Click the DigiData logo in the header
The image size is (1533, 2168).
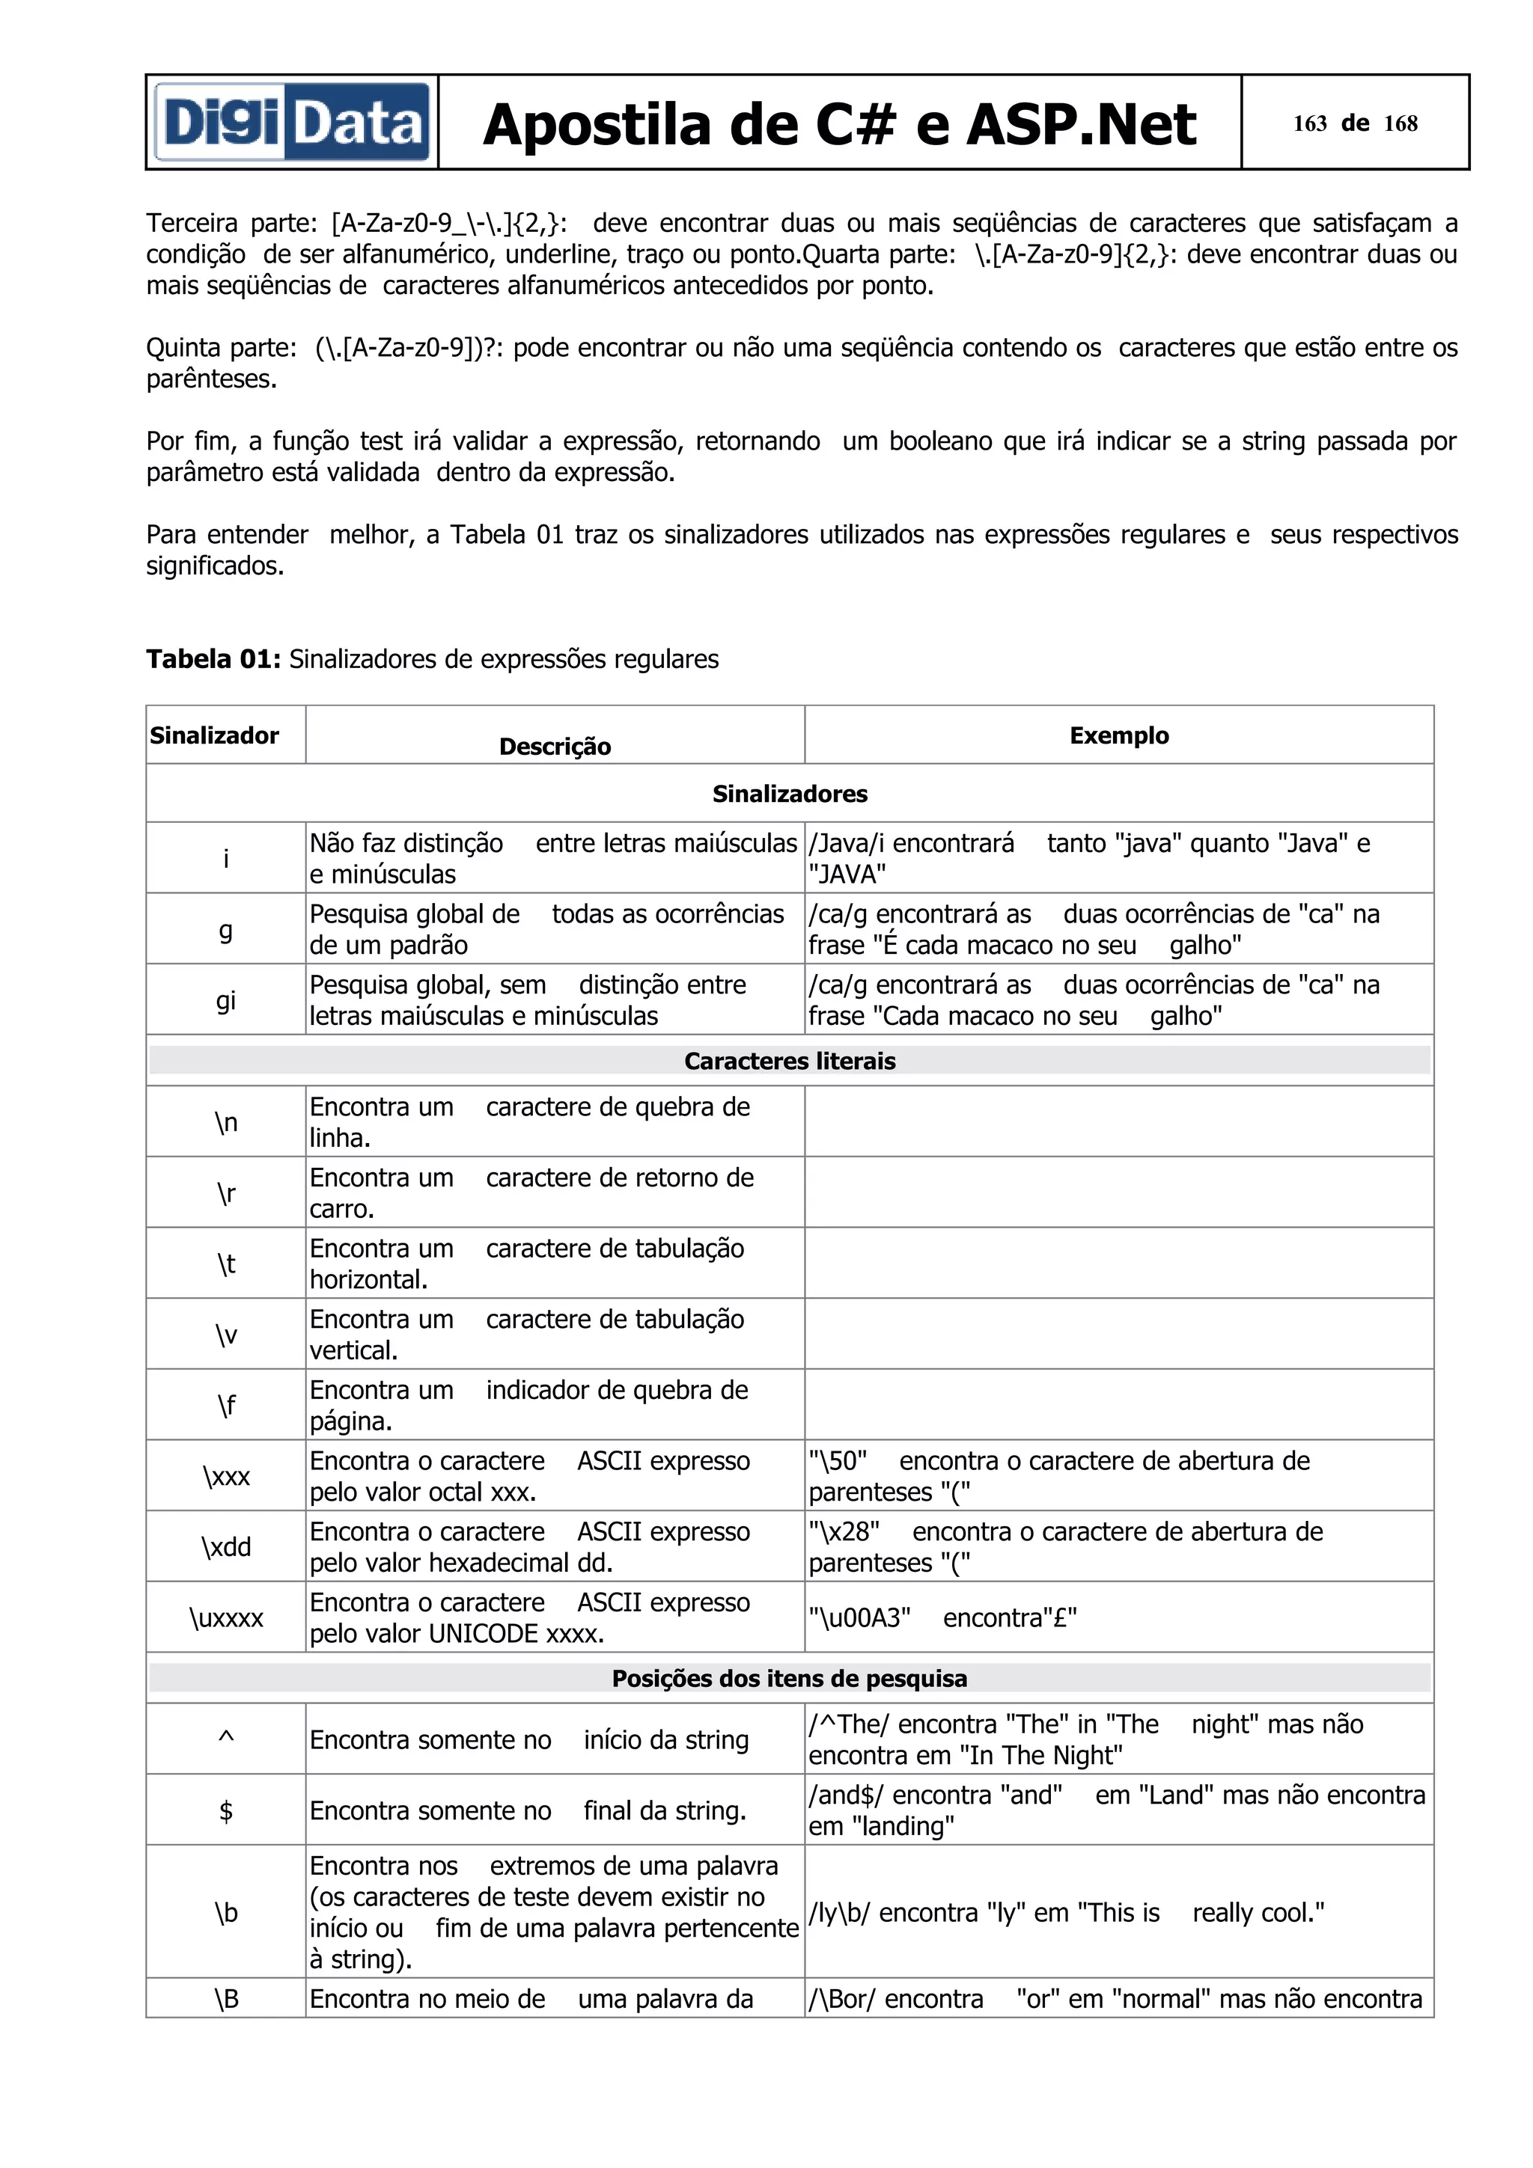coord(292,123)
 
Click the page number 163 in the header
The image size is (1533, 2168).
coord(1309,123)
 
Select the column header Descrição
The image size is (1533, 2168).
coord(555,747)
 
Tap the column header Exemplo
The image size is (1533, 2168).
coord(1118,735)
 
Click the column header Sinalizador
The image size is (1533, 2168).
coord(214,735)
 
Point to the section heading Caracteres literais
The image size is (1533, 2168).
coord(790,1062)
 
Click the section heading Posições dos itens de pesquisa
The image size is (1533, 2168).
coord(790,1679)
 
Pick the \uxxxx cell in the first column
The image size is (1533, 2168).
coord(226,1618)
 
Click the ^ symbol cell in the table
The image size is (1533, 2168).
coord(226,1739)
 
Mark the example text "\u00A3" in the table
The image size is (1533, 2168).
coord(859,1618)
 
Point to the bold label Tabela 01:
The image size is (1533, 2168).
coord(213,659)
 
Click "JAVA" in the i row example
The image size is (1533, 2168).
coord(847,875)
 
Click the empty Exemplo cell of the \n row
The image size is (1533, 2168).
coord(1118,1121)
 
